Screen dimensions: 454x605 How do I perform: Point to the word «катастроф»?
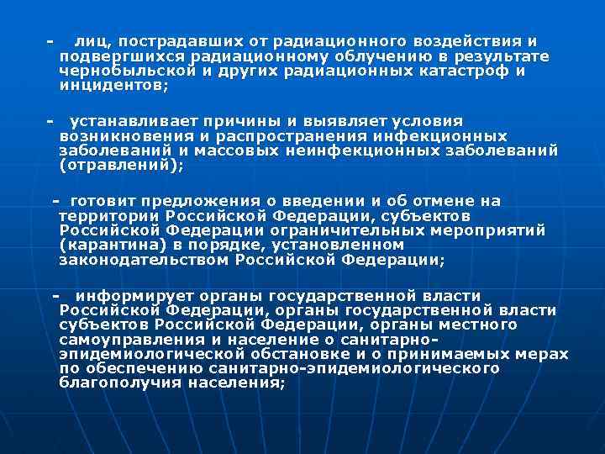pyautogui.click(x=469, y=71)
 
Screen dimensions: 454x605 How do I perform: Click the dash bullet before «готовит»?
pyautogui.click(x=56, y=201)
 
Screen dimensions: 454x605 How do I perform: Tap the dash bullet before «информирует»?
pyautogui.click(x=56, y=296)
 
